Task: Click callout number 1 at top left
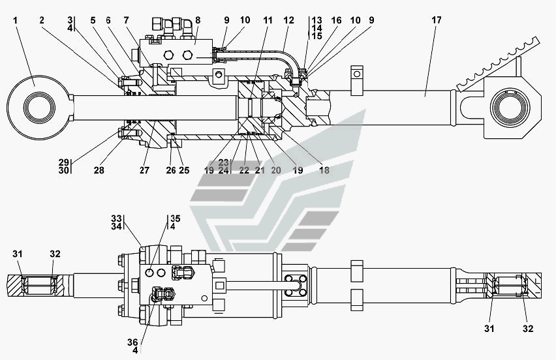click(15, 20)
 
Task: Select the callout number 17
click(436, 20)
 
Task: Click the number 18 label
click(324, 170)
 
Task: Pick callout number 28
click(99, 170)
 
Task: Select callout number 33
click(116, 218)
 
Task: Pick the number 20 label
click(276, 170)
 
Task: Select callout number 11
click(268, 20)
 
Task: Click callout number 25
click(184, 170)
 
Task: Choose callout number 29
click(64, 161)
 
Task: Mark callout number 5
click(93, 20)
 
